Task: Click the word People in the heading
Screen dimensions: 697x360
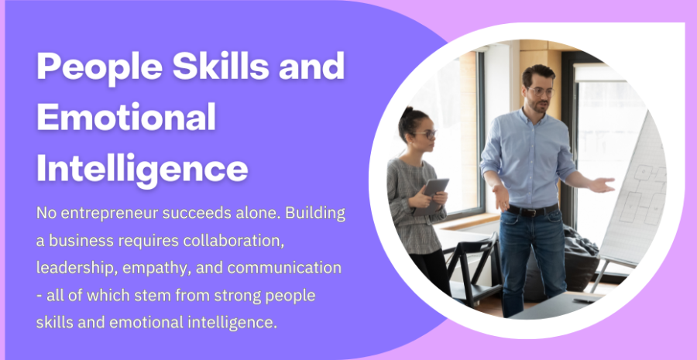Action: tap(100, 67)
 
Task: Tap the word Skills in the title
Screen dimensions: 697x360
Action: tap(221, 66)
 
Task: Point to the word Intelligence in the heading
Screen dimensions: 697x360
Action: tap(142, 170)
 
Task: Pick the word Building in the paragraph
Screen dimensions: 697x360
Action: tap(315, 214)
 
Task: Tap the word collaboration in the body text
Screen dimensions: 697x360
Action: tap(233, 241)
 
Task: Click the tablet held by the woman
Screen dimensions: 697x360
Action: tap(431, 196)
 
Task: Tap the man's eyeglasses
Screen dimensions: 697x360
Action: tap(541, 92)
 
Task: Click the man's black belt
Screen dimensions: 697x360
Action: tap(533, 210)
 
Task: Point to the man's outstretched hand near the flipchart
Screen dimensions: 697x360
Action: tap(602, 184)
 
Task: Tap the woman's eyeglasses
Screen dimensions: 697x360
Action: tap(425, 134)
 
